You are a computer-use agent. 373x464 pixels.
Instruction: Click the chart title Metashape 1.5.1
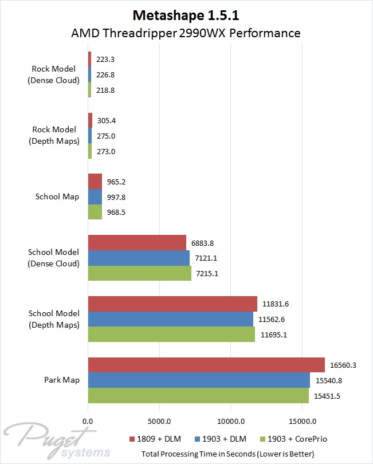coord(186,14)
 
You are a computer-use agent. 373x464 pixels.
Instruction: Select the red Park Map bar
coord(206,364)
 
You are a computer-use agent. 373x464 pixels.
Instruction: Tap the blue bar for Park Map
coord(199,380)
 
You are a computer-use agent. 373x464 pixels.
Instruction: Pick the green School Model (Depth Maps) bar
coord(171,334)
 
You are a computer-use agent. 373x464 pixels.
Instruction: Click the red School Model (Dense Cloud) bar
coord(137,242)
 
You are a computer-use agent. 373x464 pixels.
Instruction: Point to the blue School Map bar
coord(95,196)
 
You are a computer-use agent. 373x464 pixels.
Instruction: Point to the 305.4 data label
coord(107,120)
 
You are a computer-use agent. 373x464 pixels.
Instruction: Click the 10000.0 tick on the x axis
coord(230,421)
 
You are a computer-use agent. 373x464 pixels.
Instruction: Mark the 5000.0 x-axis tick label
coord(159,421)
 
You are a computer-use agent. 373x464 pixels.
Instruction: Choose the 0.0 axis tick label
coord(88,421)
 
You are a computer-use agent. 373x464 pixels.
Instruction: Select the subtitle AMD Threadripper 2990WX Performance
coord(186,33)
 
